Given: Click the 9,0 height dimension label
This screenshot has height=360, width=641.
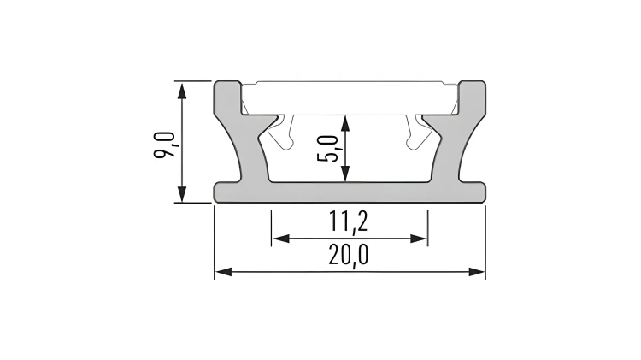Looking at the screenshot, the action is coord(164,145).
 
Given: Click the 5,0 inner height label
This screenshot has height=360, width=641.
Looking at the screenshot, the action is coord(328,149).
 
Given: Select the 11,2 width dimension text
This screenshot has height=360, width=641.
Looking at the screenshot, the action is coord(349,222).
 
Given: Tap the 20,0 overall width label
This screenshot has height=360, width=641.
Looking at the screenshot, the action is coord(349,255).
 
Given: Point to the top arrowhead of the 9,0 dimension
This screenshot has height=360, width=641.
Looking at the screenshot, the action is coord(182,90).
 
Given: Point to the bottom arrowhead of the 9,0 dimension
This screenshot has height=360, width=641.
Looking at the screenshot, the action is coord(182,194).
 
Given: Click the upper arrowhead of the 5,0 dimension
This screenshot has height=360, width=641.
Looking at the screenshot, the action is coord(345,123).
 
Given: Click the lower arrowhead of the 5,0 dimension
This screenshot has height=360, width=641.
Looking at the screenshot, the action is coord(345,174).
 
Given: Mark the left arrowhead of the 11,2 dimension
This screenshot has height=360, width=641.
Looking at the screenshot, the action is coord(281,239).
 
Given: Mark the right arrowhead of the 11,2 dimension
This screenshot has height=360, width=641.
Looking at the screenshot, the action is coord(419,239).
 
